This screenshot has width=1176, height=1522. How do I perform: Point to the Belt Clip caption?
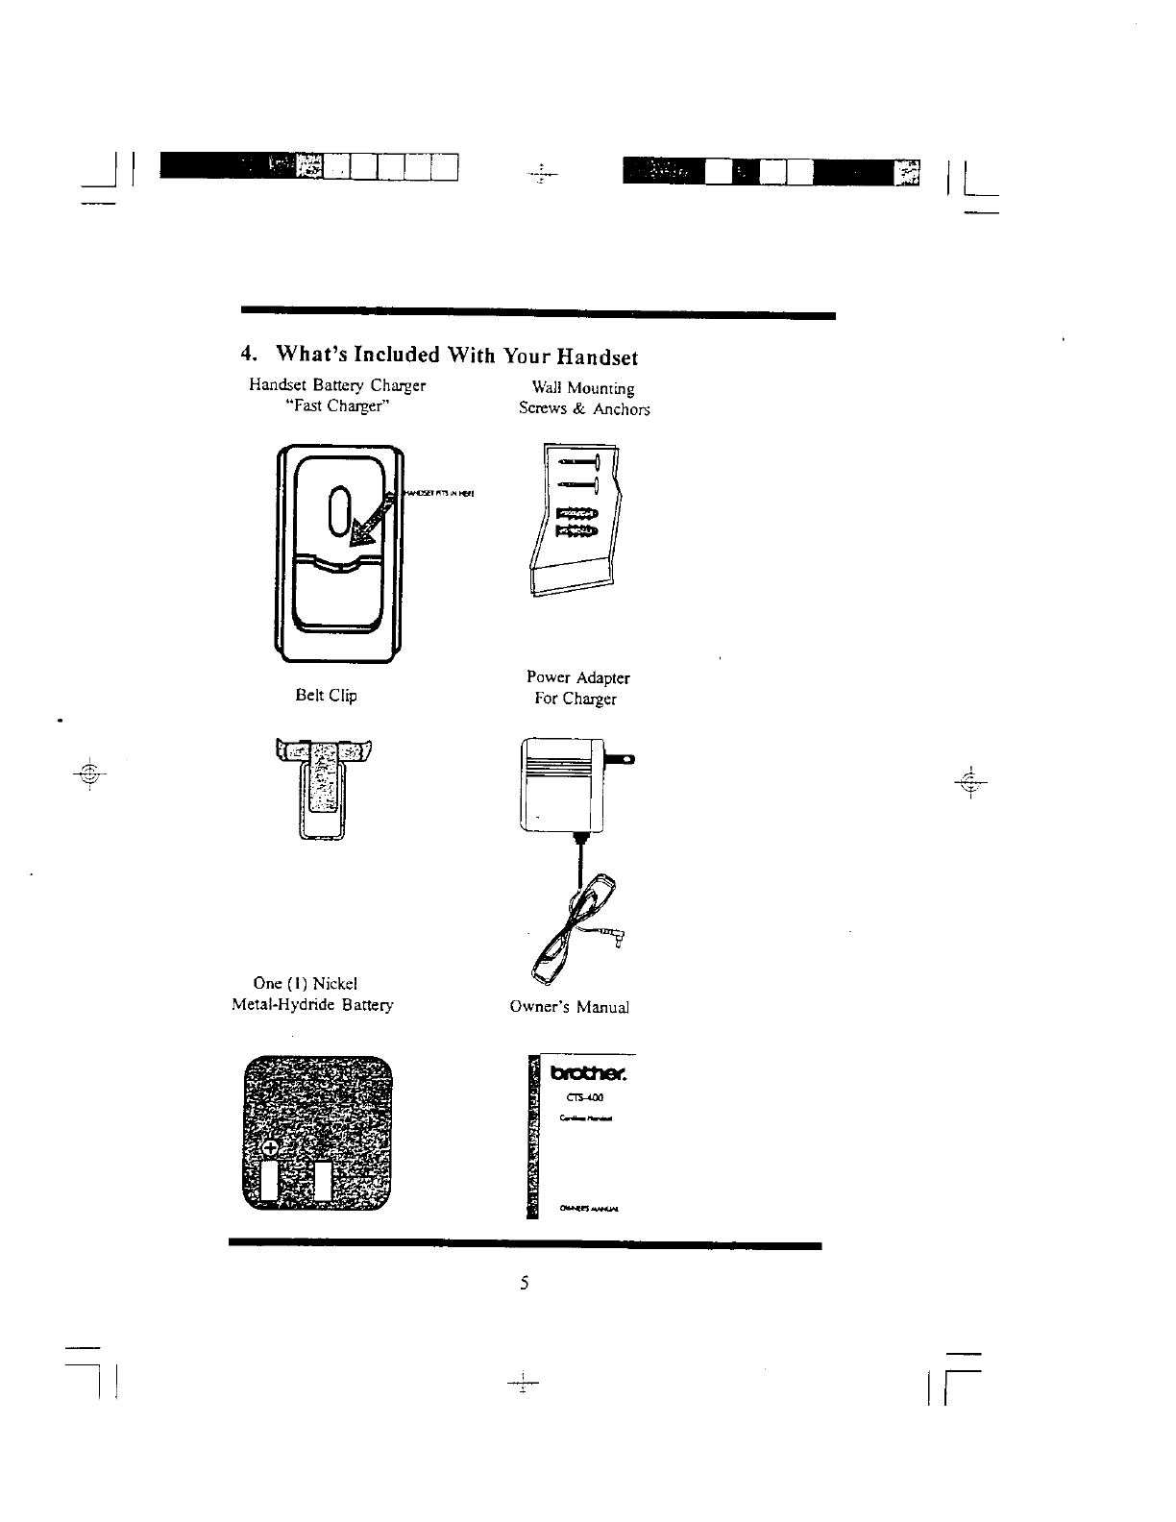click(x=326, y=695)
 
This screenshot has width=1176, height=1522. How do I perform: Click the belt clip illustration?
click(x=323, y=788)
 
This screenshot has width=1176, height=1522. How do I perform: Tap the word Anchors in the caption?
click(x=621, y=409)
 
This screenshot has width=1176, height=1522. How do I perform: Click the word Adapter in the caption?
click(x=599, y=677)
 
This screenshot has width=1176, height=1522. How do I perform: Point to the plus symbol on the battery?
click(x=270, y=1148)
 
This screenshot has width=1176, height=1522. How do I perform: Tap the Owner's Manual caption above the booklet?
click(x=569, y=1007)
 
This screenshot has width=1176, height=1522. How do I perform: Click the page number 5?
click(x=525, y=1283)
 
